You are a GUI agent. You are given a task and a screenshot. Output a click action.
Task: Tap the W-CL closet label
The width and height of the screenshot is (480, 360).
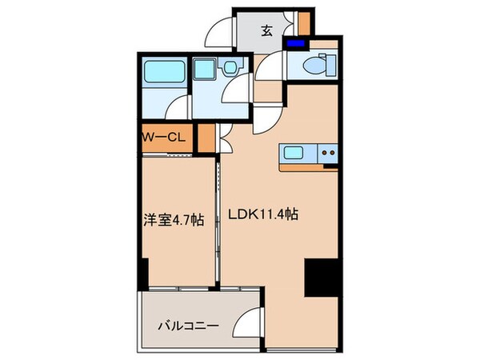click(164, 136)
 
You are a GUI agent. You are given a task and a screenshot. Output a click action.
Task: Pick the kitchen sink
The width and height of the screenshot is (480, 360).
click(293, 151)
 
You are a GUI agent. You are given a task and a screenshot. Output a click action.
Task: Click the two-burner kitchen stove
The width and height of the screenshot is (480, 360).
click(327, 151)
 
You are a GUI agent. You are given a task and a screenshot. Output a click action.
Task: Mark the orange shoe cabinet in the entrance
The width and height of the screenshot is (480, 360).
click(303, 22)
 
